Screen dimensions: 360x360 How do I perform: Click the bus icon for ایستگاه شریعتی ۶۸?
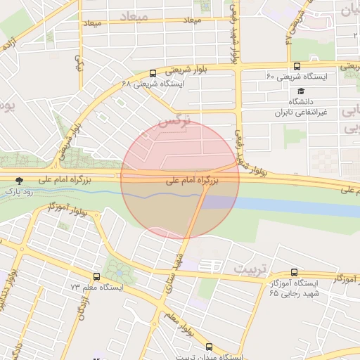153,73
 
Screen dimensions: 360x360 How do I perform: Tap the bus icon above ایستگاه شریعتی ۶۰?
297,66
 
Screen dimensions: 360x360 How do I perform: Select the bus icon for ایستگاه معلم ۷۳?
96,277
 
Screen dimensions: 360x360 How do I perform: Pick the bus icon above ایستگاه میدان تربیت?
209,347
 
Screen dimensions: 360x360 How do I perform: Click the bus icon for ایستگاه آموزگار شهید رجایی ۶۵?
295,273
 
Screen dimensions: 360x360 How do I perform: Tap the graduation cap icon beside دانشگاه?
301,91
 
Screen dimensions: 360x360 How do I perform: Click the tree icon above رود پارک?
19,181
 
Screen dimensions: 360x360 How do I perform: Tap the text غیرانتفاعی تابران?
292,112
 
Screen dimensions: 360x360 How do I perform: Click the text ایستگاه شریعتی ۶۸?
153,84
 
